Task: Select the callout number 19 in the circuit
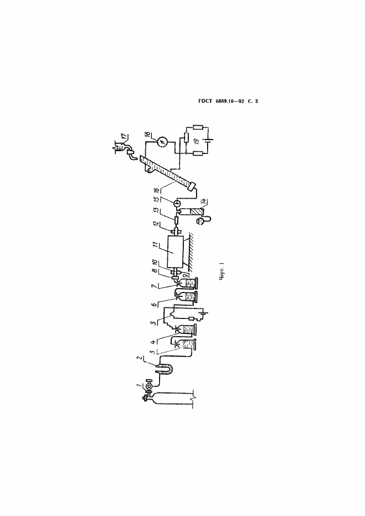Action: tap(196, 141)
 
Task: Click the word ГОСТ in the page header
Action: tap(206, 101)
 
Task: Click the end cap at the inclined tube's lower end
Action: tap(191, 187)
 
